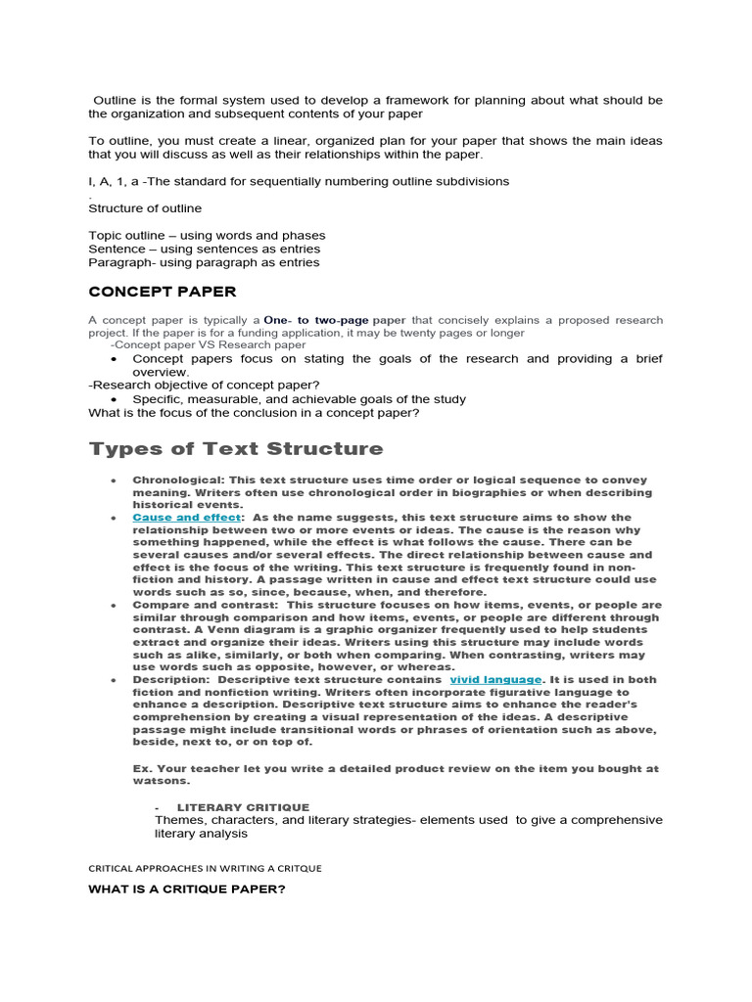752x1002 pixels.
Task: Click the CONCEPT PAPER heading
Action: [x=162, y=292]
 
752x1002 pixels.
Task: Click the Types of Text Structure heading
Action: [x=236, y=449]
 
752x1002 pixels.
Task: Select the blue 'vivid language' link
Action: [x=495, y=679]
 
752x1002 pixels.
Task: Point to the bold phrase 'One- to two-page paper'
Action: [x=335, y=320]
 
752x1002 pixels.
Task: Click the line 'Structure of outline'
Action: [x=145, y=207]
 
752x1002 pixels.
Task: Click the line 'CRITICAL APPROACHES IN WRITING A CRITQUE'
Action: [x=205, y=868]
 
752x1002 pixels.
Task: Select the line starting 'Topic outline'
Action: [x=207, y=236]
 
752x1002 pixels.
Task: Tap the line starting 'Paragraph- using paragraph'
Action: [x=204, y=262]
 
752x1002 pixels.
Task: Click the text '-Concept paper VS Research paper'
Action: [x=208, y=345]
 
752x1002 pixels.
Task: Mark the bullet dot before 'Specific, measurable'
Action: [x=116, y=399]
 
